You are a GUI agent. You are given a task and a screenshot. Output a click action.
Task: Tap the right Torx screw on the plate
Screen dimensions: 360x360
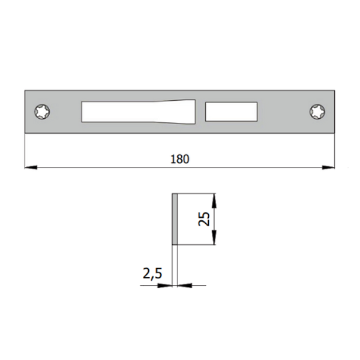coord(316,112)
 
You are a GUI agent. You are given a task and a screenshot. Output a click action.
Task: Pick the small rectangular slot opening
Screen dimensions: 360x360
coord(231,112)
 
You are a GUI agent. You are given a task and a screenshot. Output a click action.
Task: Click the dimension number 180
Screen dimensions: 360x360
coord(180,159)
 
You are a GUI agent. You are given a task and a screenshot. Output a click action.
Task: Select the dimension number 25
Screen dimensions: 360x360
coord(205,219)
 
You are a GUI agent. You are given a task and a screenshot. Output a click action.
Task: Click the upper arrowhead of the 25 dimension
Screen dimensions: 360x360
coord(215,199)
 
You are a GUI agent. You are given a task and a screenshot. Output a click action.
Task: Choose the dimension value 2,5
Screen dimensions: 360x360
coord(152,274)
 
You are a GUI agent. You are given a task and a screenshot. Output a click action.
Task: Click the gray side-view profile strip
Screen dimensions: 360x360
coord(175,219)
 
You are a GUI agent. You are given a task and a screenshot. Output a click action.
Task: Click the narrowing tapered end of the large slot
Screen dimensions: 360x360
coord(189,112)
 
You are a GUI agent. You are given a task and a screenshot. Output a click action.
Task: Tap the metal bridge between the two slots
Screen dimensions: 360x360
coord(201,112)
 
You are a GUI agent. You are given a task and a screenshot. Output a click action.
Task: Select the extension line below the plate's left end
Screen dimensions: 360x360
coord(25,150)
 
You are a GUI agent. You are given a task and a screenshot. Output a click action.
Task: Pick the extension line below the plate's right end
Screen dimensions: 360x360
coord(334,150)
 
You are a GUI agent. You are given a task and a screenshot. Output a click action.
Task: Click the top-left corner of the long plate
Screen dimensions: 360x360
coord(26,91)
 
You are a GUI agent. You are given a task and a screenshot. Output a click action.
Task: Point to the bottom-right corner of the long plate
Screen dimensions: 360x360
coord(334,133)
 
